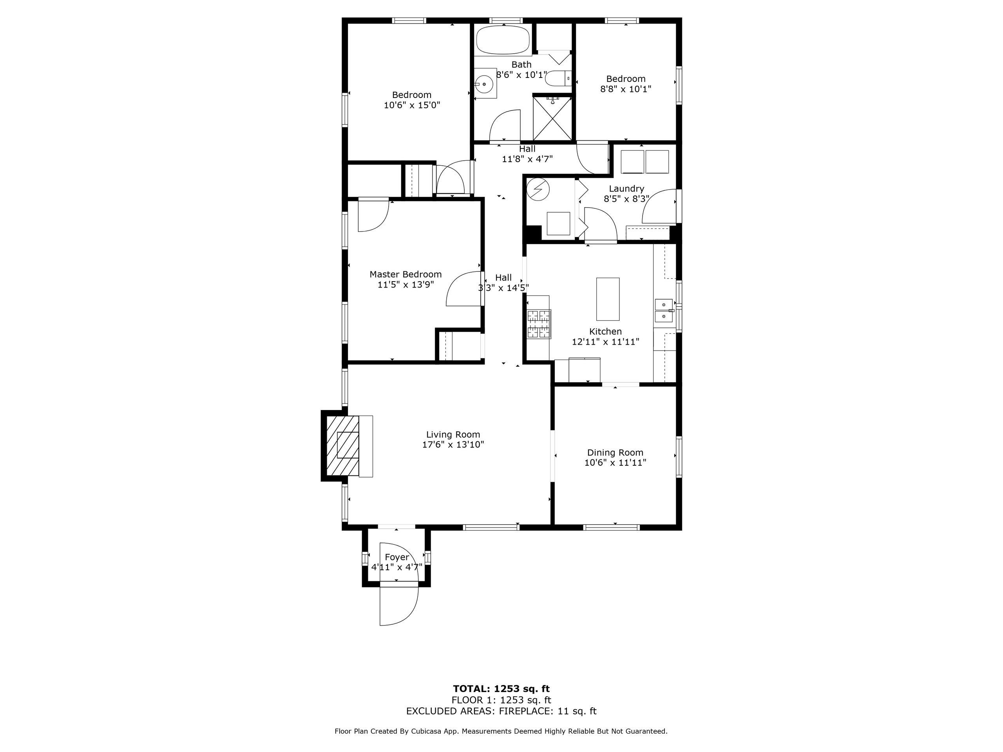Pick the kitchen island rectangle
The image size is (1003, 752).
click(x=608, y=299)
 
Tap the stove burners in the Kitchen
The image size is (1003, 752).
click(x=539, y=324)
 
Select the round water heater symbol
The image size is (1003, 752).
click(x=538, y=190)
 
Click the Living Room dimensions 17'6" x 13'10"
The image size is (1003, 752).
click(x=453, y=445)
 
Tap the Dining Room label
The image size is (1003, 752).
click(x=615, y=452)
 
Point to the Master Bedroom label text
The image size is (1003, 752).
click(x=406, y=274)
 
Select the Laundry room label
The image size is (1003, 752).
click(x=626, y=188)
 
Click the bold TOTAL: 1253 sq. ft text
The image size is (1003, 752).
click(x=501, y=689)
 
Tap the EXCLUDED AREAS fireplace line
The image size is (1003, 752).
click(x=501, y=711)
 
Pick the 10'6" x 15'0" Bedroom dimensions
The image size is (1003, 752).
click(x=412, y=105)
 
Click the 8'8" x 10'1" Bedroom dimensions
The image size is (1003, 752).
click(x=626, y=89)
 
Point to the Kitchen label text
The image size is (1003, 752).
click(x=605, y=331)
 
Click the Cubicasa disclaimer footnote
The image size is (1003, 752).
click(x=501, y=731)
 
